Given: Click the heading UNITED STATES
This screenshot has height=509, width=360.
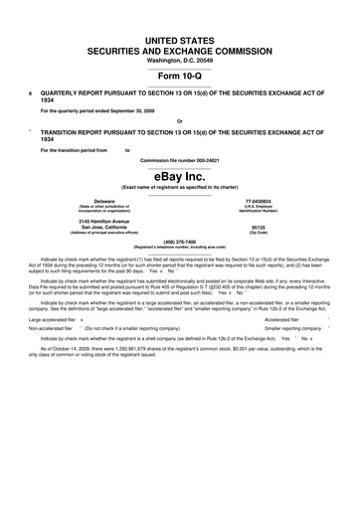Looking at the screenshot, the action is point(179,36).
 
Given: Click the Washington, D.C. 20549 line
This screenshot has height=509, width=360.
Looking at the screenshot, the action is point(179,59).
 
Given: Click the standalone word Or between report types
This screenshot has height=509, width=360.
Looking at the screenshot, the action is point(179,122).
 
